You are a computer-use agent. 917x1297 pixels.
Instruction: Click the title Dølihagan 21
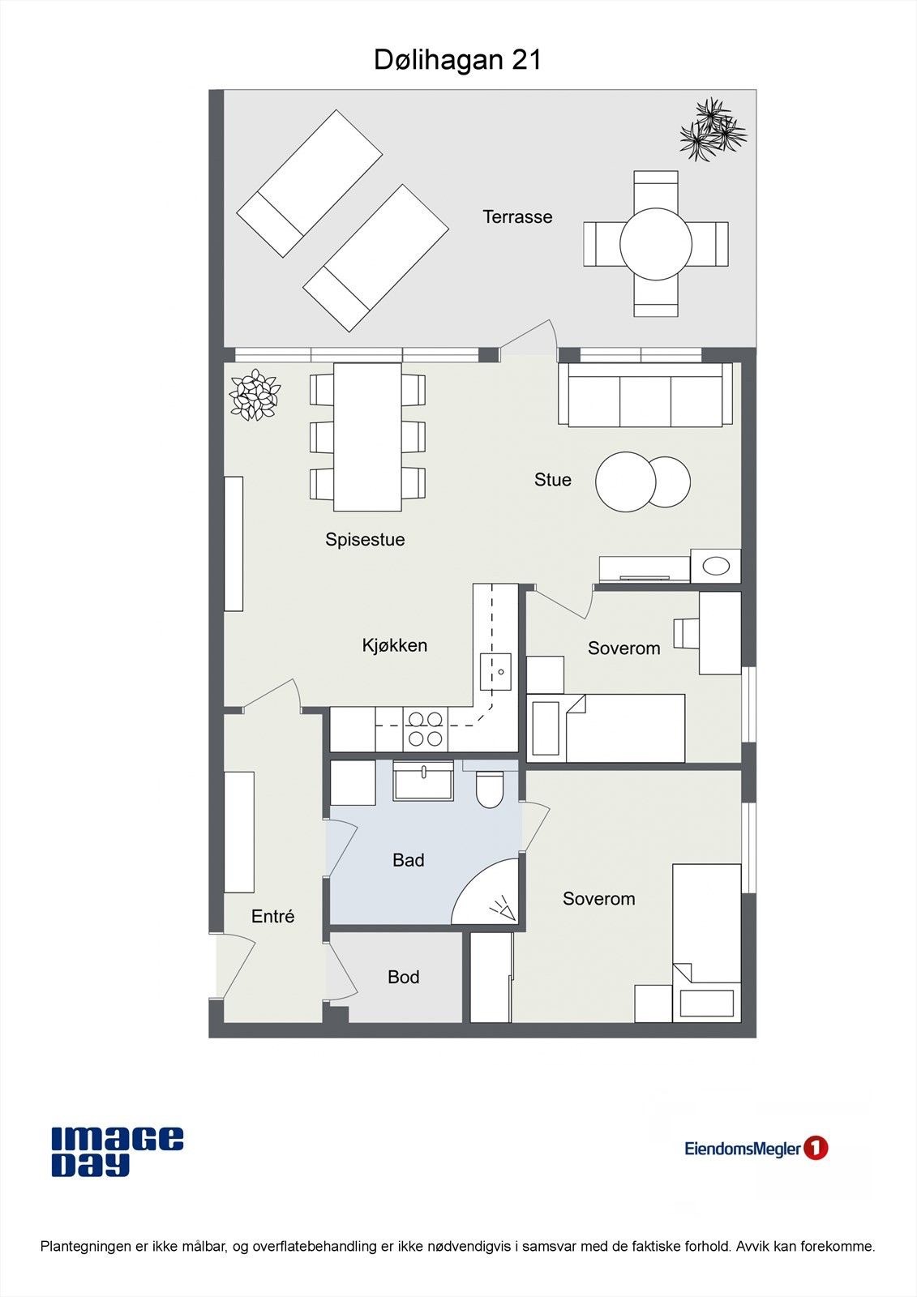(457, 60)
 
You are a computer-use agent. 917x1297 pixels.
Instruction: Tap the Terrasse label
(517, 216)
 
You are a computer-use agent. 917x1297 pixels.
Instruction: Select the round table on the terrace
(656, 244)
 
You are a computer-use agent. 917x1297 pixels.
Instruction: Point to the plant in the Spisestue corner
(255, 394)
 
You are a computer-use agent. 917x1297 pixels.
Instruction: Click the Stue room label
(553, 479)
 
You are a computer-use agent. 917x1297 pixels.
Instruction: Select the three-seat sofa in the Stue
(645, 395)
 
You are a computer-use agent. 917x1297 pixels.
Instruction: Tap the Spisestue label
(365, 539)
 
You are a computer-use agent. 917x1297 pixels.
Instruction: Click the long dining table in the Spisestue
(367, 437)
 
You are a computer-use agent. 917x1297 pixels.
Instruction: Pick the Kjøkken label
(395, 645)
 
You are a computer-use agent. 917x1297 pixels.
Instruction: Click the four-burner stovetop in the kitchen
(426, 729)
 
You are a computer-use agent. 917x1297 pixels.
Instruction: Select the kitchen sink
(496, 672)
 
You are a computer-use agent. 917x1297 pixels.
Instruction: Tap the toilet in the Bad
(490, 787)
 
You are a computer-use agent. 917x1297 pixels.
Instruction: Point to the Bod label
(403, 978)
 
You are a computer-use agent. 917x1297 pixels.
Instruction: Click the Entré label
(273, 916)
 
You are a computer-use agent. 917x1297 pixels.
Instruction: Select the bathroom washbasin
(423, 781)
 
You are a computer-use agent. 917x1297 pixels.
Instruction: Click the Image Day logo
(118, 1152)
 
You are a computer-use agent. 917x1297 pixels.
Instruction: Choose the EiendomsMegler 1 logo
(756, 1148)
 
